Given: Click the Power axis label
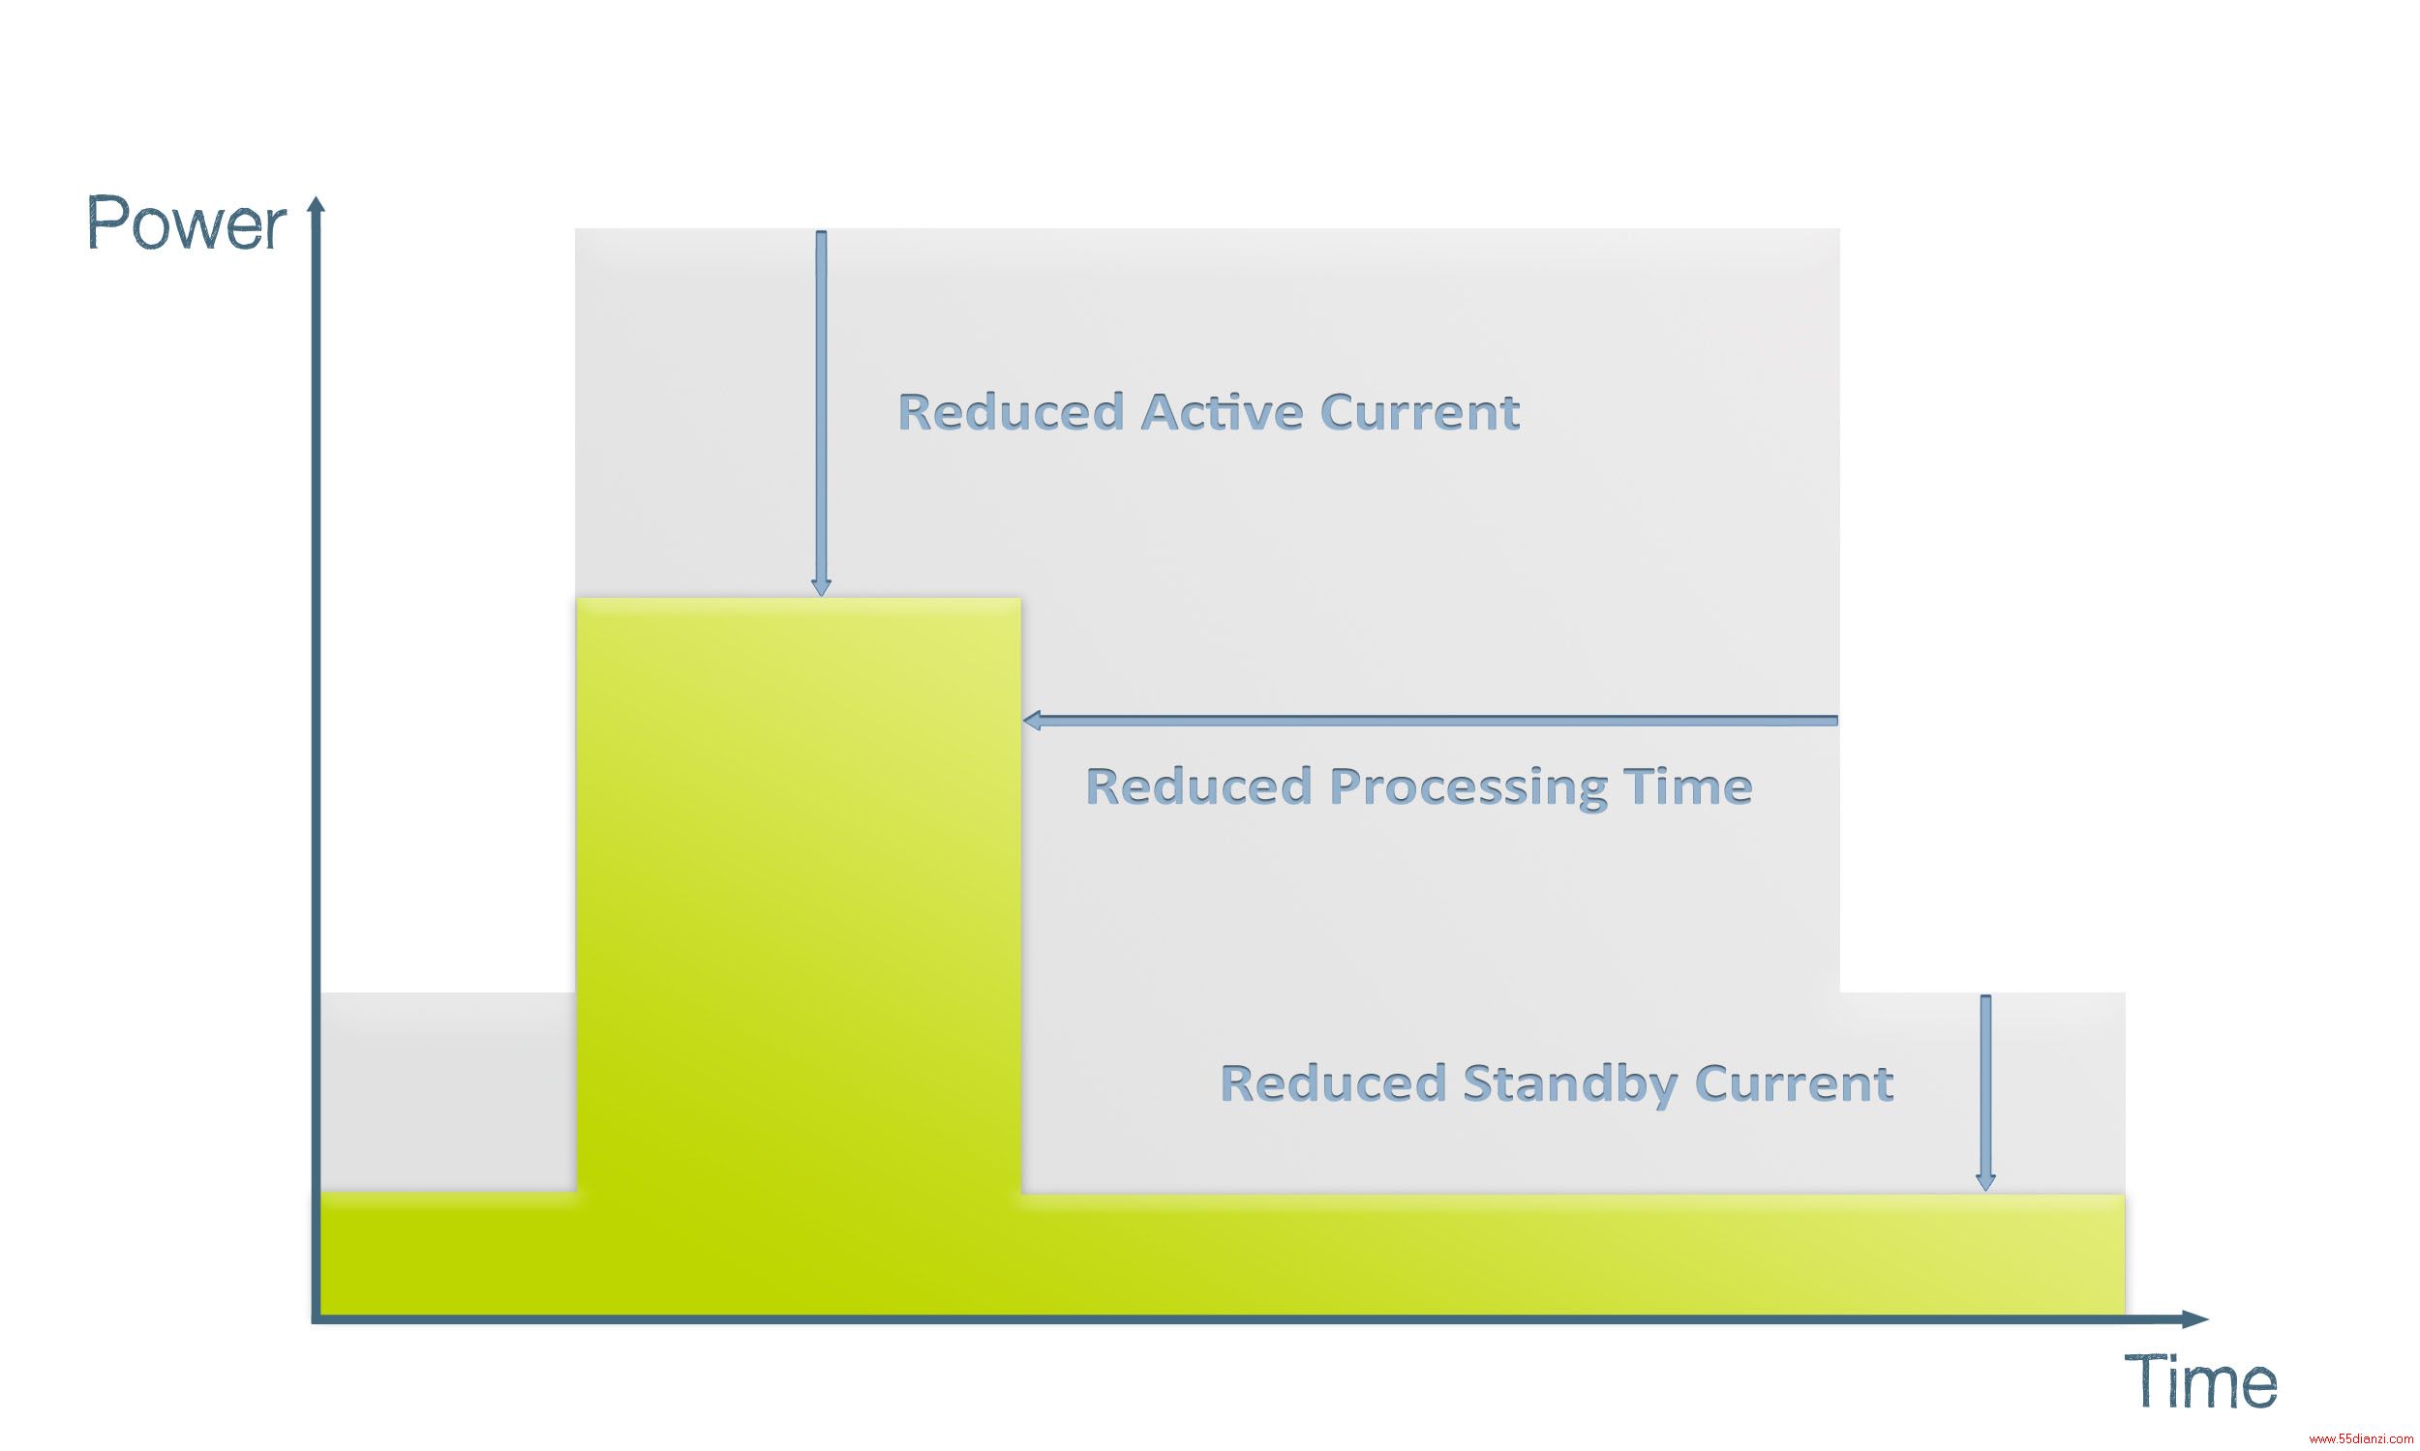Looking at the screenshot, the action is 186,223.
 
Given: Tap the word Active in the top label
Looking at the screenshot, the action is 1222,412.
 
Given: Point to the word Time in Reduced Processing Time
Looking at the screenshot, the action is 1687,786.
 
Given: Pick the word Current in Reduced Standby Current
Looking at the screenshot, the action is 1794,1083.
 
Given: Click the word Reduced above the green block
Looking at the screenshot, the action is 1012,412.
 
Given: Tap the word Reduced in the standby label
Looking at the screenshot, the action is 1333,1083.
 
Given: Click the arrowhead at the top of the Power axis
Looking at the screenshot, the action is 316,202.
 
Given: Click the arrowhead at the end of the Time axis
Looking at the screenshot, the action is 2197,1320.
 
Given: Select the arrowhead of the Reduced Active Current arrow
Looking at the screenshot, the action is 822,587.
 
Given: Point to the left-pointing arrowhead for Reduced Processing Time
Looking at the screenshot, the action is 1032,721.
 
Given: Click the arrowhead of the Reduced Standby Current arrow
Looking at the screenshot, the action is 1985,1182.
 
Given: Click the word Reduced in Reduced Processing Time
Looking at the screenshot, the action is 1199,786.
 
